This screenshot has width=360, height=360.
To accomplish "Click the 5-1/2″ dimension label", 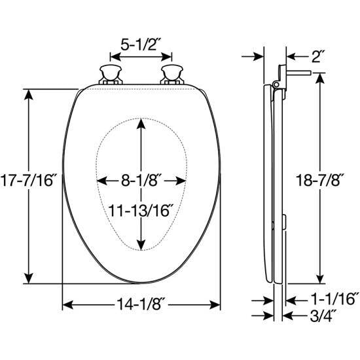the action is pos(141,45).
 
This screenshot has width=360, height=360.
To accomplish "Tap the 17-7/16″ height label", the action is pos(28,180).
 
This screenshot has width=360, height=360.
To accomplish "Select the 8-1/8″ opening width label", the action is pos(140,181).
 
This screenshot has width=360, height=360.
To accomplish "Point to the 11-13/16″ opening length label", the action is pos(141,210).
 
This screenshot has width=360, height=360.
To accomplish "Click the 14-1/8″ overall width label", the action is pos(141,304).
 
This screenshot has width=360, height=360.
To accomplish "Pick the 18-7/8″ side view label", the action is pos(321,180).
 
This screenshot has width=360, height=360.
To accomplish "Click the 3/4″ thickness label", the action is pos(321,316).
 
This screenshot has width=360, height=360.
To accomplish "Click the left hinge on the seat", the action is pos(111,75).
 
